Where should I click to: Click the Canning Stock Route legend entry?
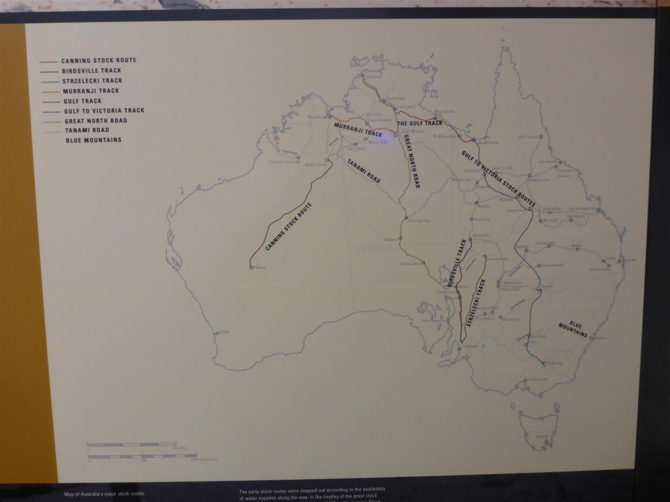tap(99, 60)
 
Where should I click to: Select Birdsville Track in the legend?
tap(91, 71)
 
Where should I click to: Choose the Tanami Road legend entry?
tap(87, 130)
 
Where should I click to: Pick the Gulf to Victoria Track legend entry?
tap(104, 111)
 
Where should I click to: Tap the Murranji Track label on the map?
tap(358, 130)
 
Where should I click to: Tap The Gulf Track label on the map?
tap(419, 123)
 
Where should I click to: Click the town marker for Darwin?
tap(363, 76)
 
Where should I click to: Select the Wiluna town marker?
tap(251, 268)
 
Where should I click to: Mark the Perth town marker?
tap(217, 333)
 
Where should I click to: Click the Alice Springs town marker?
tap(406, 218)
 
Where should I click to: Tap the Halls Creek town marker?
tap(327, 160)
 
